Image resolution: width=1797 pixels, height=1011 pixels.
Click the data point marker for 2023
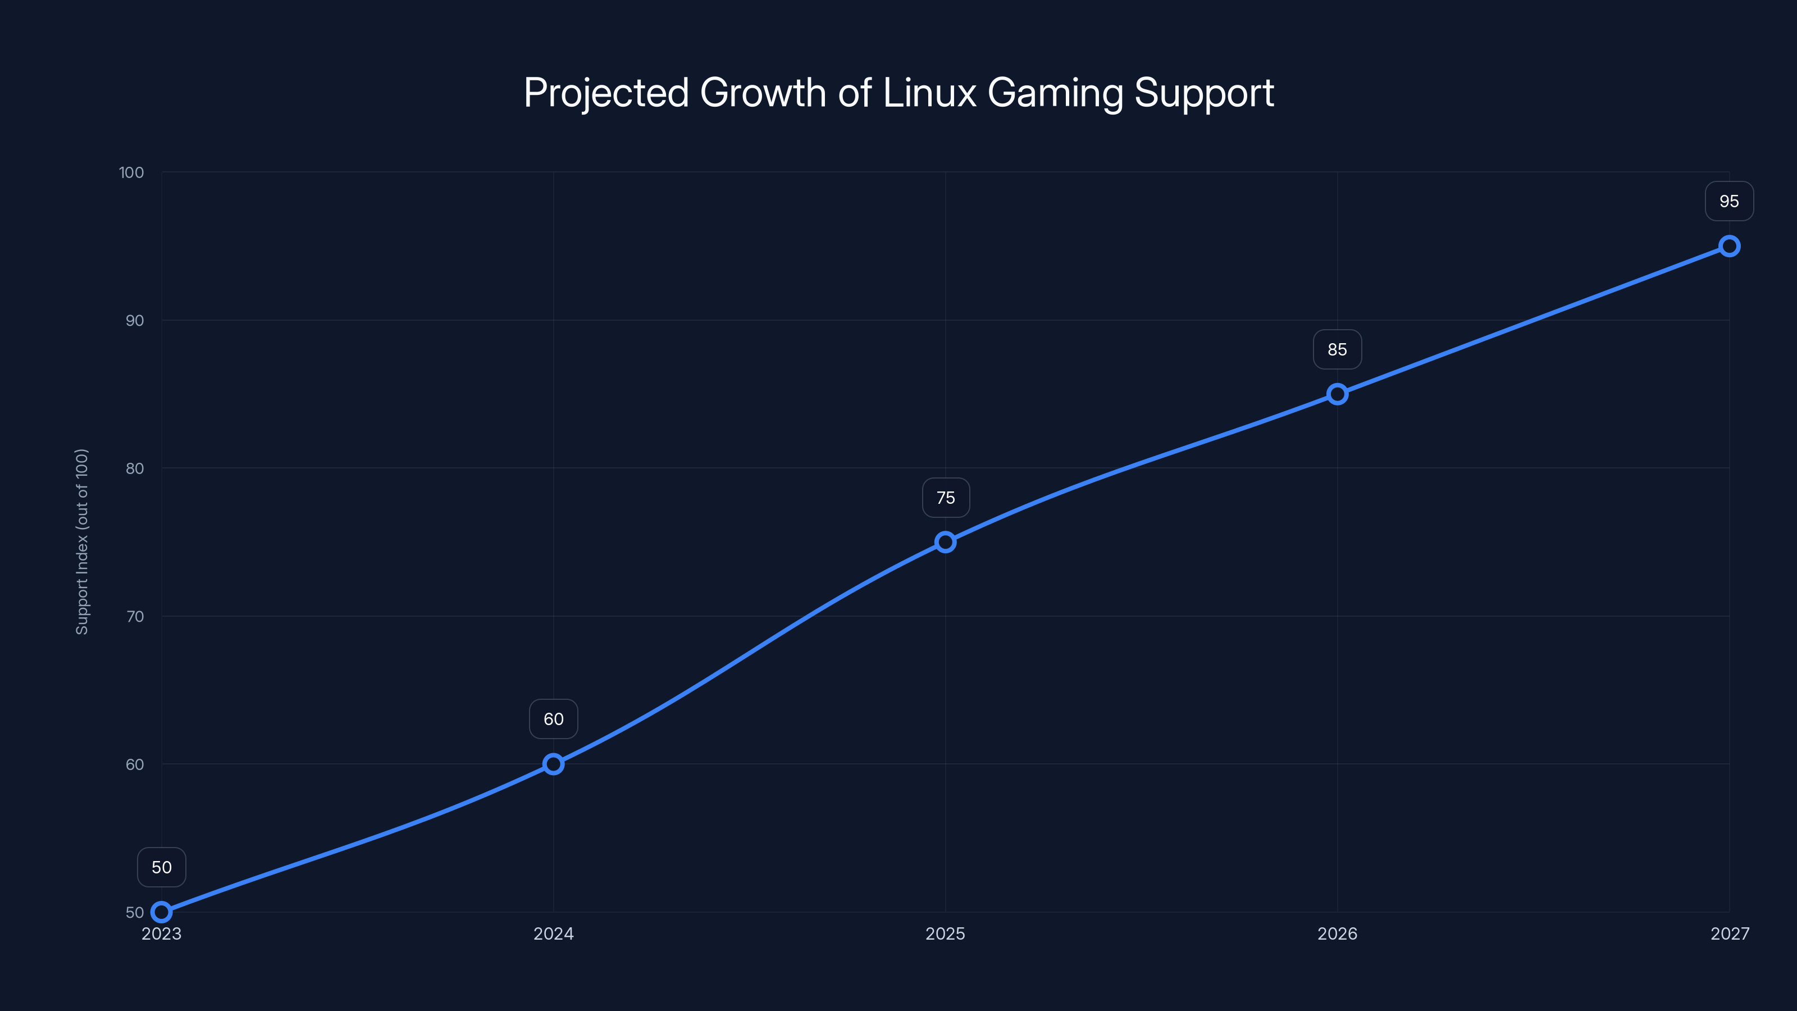[161, 912]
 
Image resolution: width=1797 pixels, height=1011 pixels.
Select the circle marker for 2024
[553, 764]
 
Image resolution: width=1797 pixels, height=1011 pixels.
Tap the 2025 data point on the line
[945, 542]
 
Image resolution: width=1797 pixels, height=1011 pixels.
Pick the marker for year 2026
[1337, 394]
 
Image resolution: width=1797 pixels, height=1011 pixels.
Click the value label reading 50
[162, 867]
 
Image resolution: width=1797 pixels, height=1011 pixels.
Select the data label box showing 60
[553, 719]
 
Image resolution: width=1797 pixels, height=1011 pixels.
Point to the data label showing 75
[946, 498]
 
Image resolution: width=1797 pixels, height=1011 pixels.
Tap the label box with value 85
[1337, 349]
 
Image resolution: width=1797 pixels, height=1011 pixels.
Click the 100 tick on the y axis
[131, 172]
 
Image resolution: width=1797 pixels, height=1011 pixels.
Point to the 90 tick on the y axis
[135, 320]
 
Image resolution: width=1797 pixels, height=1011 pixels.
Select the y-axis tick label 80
[135, 468]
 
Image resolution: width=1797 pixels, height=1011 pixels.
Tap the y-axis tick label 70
[135, 616]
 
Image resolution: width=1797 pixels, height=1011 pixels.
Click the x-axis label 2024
[553, 933]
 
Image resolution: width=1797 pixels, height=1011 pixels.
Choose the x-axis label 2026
[1337, 933]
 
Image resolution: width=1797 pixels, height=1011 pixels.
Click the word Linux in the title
[929, 93]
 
